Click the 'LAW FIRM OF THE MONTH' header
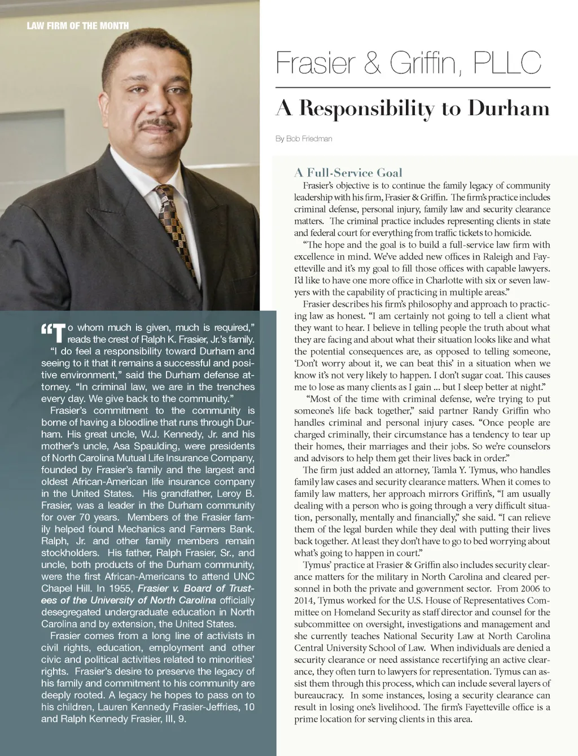(x=77, y=25)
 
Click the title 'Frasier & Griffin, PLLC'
(x=408, y=64)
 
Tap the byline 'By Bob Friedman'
(x=304, y=139)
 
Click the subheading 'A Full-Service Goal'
(x=348, y=172)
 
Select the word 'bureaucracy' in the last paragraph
(x=319, y=695)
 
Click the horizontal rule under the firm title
(x=413, y=88)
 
